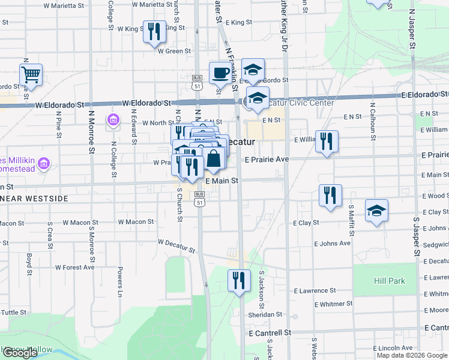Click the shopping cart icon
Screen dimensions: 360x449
pyautogui.click(x=31, y=75)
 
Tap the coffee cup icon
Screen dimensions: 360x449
pyautogui.click(x=220, y=73)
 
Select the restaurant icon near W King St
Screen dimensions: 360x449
pyautogui.click(x=154, y=31)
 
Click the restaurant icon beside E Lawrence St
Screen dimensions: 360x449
pyautogui.click(x=239, y=280)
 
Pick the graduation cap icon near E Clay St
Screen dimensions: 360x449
pyautogui.click(x=376, y=211)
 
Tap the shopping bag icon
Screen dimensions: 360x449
pyautogui.click(x=214, y=159)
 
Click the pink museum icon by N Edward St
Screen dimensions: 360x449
pyautogui.click(x=112, y=121)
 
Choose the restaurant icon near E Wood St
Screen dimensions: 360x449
pyautogui.click(x=330, y=195)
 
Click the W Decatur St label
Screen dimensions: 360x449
pyautogui.click(x=176, y=247)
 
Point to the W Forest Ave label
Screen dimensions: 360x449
pyautogui.click(x=74, y=267)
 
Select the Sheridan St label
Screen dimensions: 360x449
pyautogui.click(x=266, y=314)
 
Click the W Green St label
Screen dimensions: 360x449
pyautogui.click(x=174, y=51)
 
